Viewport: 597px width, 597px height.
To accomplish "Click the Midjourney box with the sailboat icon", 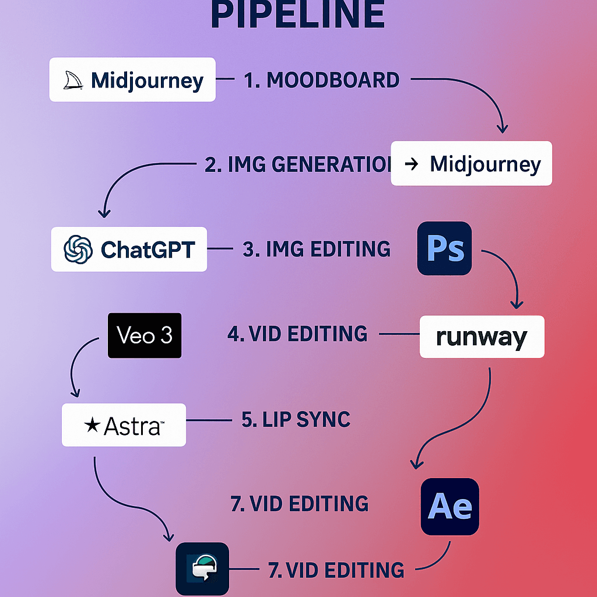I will (132, 80).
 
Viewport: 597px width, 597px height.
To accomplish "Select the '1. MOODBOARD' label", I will (321, 80).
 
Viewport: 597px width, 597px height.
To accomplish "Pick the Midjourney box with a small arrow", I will (471, 164).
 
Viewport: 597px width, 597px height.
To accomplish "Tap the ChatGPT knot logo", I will (78, 250).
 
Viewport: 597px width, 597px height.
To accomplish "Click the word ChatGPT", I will (148, 250).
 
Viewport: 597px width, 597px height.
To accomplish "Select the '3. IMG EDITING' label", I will (317, 249).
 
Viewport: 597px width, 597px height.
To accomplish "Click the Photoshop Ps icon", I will (444, 248).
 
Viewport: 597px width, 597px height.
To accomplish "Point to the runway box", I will (482, 337).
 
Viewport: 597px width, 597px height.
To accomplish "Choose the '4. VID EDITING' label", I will (297, 335).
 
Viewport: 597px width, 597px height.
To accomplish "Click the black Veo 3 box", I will (145, 335).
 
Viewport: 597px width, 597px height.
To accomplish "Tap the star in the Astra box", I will (92, 426).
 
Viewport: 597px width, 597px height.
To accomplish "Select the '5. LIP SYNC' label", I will (296, 420).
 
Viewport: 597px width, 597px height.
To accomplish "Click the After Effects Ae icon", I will (449, 507).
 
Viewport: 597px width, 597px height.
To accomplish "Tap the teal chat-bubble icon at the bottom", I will (202, 568).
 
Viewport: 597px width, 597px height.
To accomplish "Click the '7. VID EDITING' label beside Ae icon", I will (300, 504).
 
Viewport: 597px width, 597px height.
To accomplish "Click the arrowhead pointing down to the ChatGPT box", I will (106, 213).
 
